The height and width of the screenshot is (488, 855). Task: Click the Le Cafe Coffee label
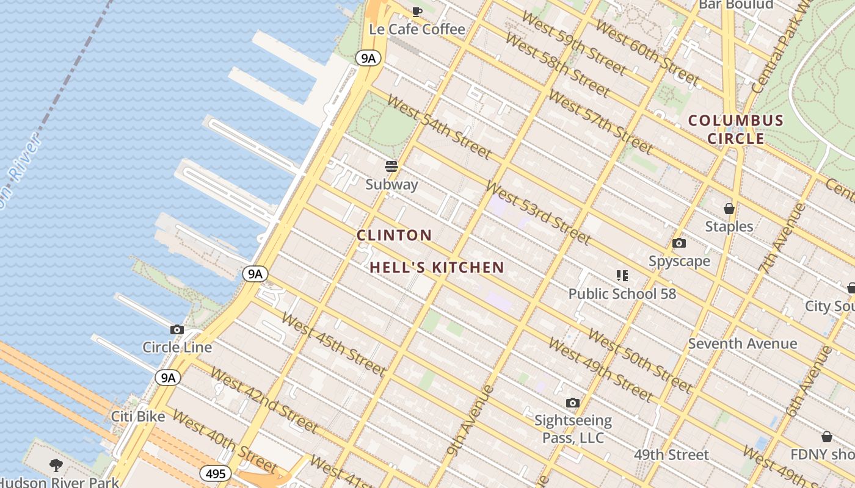[417, 29]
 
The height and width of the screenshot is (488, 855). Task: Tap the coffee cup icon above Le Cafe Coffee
[417, 11]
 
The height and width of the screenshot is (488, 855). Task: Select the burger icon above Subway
[391, 167]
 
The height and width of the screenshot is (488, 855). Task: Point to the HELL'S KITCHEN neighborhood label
[437, 267]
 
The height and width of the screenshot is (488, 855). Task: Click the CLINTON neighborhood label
[394, 235]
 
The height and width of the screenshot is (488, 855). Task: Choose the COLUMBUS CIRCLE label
[736, 129]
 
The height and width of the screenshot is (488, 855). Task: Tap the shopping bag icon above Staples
[729, 209]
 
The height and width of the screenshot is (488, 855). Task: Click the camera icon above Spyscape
[679, 243]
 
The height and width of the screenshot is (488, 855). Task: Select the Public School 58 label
[622, 294]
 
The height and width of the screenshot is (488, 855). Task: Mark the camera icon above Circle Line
[177, 330]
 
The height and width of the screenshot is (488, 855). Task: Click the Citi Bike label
[138, 417]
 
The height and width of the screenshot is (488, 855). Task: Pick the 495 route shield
[215, 473]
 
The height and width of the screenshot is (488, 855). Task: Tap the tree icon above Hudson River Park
[56, 465]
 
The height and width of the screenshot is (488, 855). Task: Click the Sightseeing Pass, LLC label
[573, 429]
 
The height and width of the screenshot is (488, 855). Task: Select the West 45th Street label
[333, 345]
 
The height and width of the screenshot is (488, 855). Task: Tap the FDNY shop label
[822, 454]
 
